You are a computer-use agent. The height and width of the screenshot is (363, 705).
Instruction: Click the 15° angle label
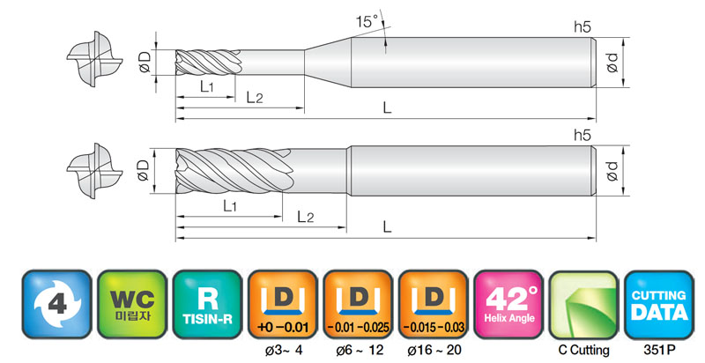(367, 21)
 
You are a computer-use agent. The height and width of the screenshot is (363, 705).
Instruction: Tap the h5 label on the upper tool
(583, 27)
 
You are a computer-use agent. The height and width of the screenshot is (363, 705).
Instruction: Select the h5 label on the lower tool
(583, 135)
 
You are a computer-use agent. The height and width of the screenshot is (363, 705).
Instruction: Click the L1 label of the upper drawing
(207, 86)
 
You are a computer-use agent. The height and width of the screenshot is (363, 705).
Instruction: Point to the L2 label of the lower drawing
(306, 218)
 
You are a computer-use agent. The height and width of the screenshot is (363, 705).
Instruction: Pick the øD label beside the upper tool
(145, 63)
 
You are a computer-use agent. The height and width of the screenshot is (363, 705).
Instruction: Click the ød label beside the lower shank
(612, 171)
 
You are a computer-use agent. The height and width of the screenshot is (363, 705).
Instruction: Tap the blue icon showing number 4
(57, 304)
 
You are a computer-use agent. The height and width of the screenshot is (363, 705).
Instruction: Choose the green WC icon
(132, 304)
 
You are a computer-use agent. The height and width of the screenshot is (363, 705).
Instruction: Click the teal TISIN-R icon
(208, 304)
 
